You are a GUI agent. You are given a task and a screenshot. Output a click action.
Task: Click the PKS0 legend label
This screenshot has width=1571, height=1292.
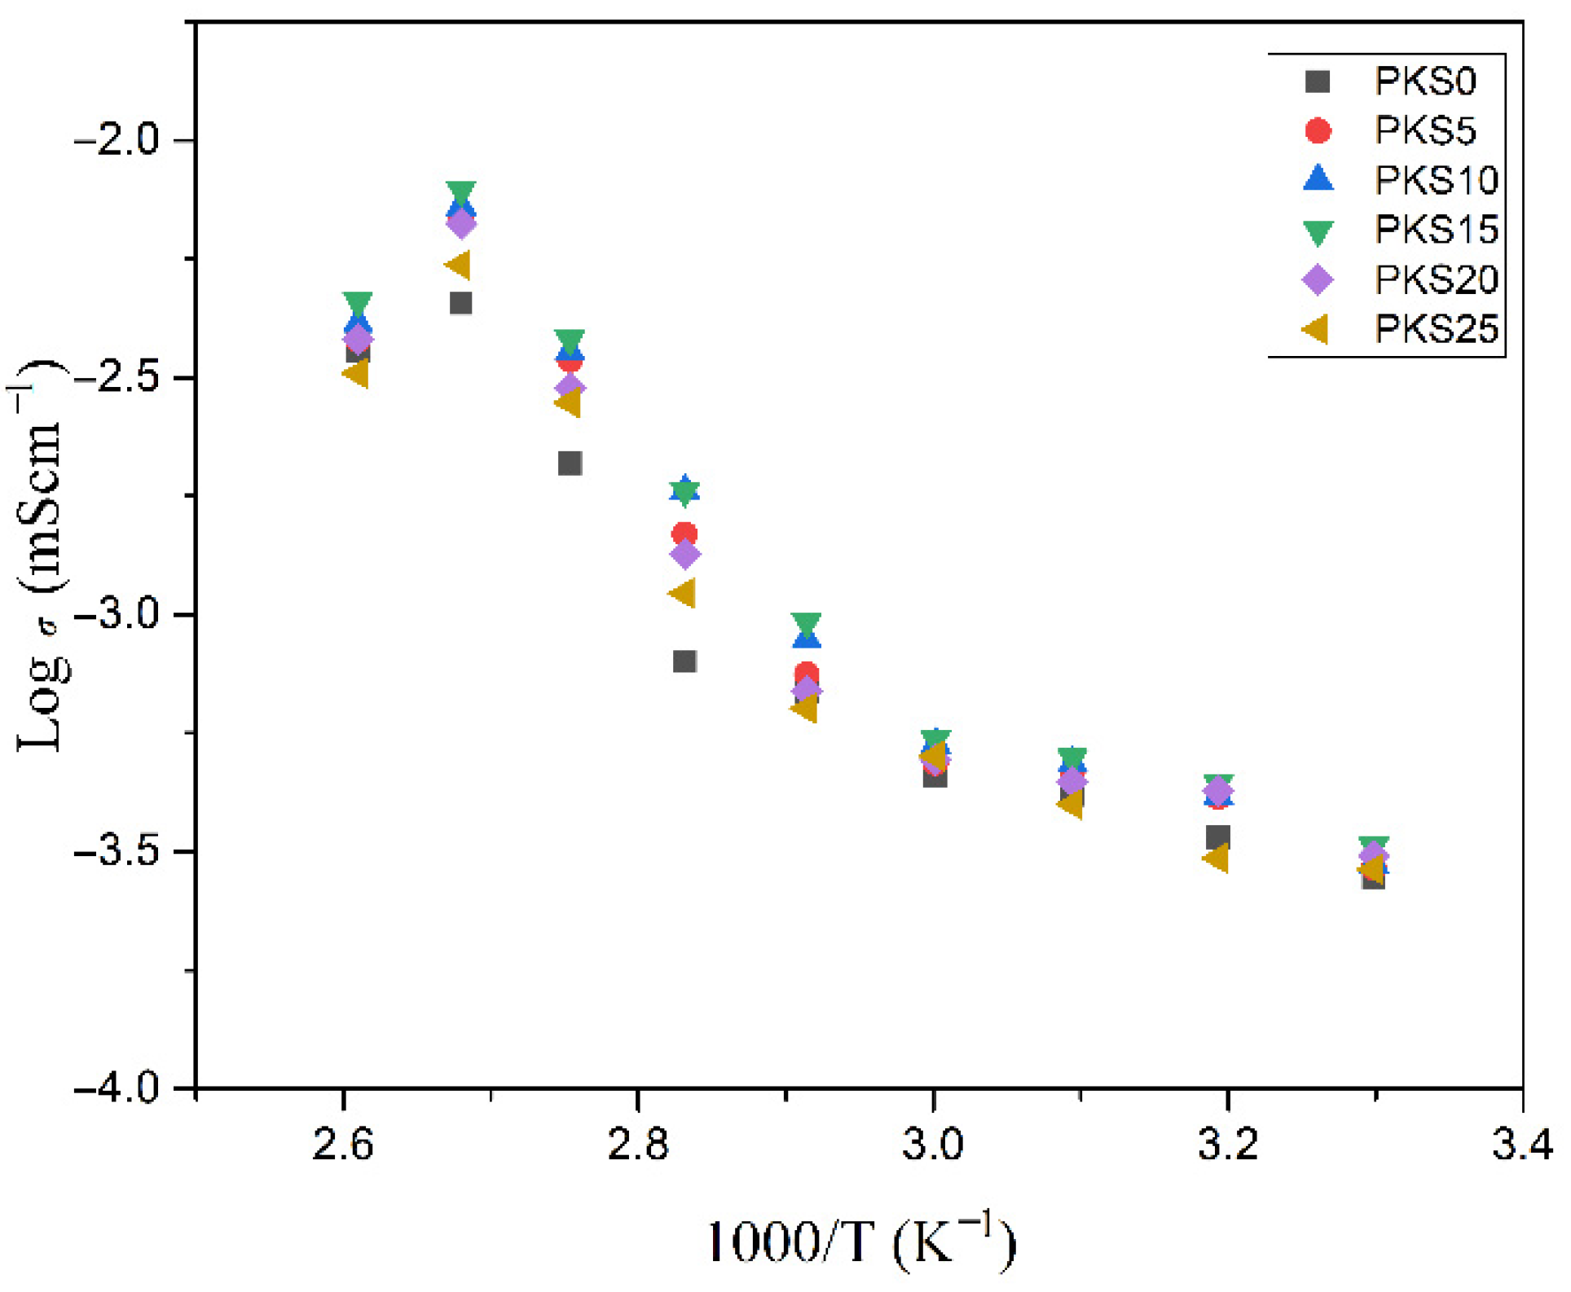tap(1425, 81)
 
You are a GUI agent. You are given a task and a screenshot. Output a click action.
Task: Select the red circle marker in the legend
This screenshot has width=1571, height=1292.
tap(1318, 130)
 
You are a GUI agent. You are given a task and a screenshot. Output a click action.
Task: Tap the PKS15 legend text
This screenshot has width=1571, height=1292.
tap(1437, 230)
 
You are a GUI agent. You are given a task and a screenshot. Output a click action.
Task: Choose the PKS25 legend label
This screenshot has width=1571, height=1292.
tap(1437, 329)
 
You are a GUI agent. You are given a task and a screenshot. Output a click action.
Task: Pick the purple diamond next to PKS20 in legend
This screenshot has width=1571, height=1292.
tap(1318, 279)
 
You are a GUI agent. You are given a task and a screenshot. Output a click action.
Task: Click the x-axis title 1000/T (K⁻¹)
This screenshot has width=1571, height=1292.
tap(861, 1243)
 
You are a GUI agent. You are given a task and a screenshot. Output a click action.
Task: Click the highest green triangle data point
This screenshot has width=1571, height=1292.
tap(461, 193)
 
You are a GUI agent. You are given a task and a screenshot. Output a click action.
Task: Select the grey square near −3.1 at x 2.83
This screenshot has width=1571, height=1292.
tap(684, 661)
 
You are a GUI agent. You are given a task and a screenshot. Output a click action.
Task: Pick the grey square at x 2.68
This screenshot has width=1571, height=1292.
tap(461, 303)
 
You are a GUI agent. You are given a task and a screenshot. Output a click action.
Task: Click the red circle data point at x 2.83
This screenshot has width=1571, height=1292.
tap(684, 534)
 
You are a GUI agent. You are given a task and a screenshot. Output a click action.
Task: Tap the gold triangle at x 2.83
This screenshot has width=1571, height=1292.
tap(683, 593)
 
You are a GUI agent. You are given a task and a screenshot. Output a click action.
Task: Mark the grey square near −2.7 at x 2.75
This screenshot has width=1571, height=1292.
tap(570, 464)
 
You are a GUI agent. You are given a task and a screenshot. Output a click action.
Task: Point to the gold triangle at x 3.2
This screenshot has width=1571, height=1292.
tap(1217, 858)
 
